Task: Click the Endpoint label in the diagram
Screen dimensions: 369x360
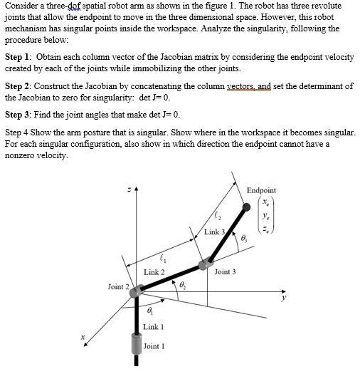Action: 261,190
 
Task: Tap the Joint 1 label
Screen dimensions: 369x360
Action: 154,346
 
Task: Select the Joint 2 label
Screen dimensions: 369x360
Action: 117,286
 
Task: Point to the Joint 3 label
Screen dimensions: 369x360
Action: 225,271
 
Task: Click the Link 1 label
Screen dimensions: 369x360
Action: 154,326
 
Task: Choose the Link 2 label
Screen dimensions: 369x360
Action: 154,272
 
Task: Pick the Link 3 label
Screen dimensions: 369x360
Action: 214,232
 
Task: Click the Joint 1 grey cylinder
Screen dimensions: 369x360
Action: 137,347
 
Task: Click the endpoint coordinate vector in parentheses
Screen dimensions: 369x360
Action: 264,217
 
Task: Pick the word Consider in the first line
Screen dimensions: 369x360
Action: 21,8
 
